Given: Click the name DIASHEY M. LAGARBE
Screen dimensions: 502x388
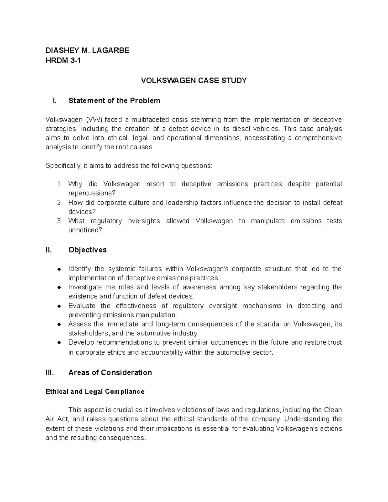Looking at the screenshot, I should tap(87, 50).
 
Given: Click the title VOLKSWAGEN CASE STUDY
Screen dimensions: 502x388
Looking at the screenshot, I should tap(194, 80).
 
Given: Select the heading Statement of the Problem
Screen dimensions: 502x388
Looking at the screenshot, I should tap(114, 101).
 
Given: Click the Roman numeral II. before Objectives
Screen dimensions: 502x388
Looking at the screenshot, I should tap(48, 250).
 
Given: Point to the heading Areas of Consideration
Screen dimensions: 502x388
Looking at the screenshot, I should tap(110, 373).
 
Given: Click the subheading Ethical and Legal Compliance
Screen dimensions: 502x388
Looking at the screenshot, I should tap(95, 392).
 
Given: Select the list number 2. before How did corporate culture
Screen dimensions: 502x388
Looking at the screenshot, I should tap(59, 203).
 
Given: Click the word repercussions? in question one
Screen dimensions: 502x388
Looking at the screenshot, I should tap(92, 193).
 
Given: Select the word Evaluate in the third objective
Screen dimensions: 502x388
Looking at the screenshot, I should tap(82, 306).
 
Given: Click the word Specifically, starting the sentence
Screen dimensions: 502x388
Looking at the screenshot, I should tap(64, 166).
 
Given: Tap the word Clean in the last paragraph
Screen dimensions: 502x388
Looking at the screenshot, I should tap(333, 410).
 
